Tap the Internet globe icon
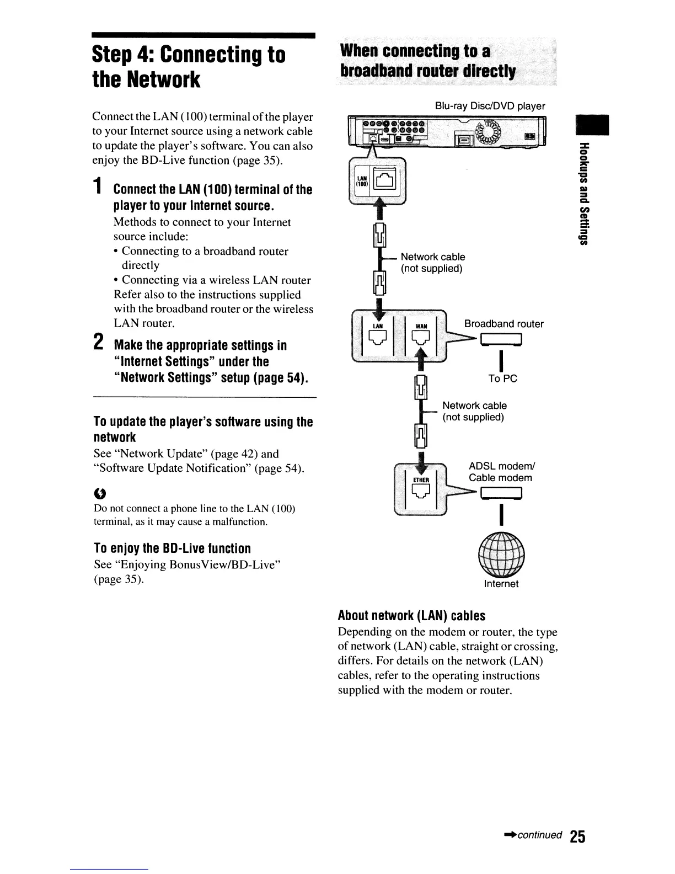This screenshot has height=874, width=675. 501,554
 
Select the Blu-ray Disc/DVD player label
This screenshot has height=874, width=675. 490,106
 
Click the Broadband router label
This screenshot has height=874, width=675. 503,324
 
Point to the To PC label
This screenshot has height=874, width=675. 502,379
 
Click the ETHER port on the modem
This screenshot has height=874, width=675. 421,493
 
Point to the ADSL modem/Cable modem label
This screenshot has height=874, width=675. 500,472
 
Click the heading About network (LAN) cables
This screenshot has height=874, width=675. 411,616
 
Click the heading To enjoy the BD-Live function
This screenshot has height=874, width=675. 172,548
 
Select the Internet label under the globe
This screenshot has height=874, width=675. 501,584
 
